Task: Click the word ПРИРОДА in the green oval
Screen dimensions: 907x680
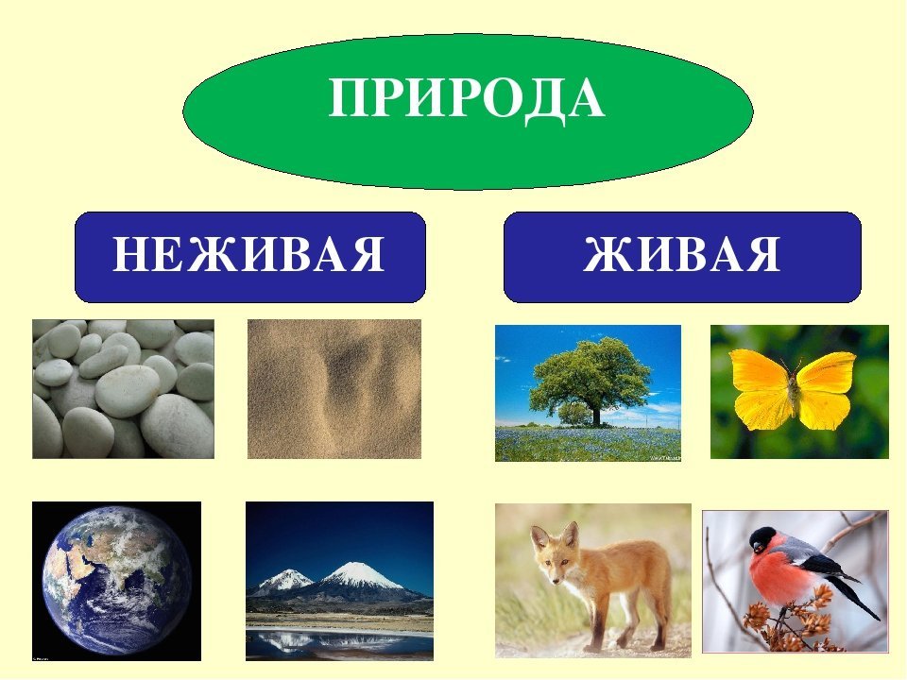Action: (x=467, y=98)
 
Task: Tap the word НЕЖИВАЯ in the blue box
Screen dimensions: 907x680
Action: (x=248, y=254)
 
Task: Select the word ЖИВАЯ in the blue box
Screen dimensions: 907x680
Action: (x=682, y=254)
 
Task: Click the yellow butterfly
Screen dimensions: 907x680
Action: (x=793, y=389)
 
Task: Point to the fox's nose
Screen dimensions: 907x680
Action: (x=556, y=580)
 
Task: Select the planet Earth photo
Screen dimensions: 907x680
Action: (x=117, y=581)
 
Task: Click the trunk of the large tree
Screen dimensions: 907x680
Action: (x=595, y=414)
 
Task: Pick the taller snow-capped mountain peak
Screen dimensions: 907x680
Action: (x=351, y=573)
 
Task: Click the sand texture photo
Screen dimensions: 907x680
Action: (x=334, y=389)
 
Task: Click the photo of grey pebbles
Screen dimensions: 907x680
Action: (x=123, y=389)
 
